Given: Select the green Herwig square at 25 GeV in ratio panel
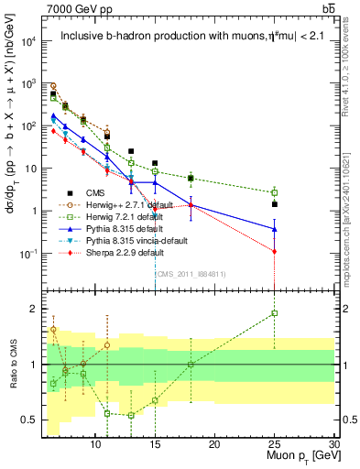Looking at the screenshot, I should tap(275, 313).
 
